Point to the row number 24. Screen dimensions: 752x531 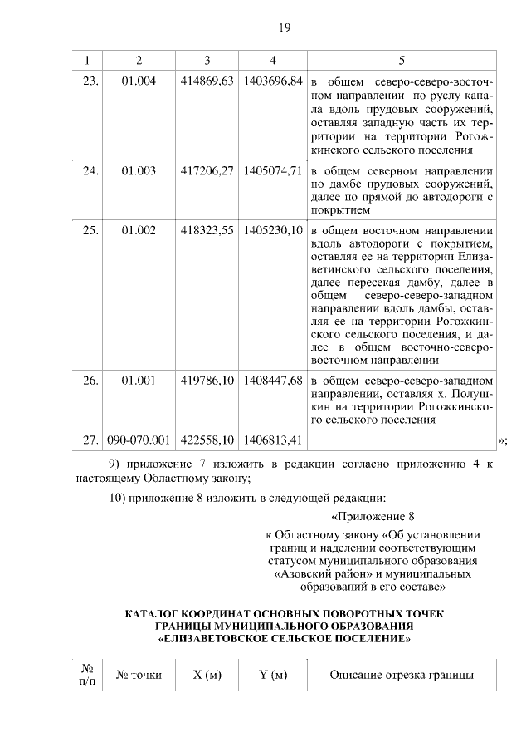click(90, 172)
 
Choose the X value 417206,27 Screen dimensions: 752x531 click(207, 172)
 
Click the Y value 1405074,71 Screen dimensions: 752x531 click(273, 172)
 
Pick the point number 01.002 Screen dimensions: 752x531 click(139, 230)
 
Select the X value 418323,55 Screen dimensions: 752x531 click(207, 230)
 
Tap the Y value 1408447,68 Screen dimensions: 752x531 click(273, 381)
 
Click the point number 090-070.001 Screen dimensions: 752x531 click(139, 439)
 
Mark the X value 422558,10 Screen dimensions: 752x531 click(207, 439)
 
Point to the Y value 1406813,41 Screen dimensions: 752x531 click(273, 439)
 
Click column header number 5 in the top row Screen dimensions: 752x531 click(402, 61)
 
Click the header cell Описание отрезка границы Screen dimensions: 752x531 click(402, 675)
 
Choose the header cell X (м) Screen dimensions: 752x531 click(207, 675)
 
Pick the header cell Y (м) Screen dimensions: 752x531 click(273, 675)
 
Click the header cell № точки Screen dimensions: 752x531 click(139, 675)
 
